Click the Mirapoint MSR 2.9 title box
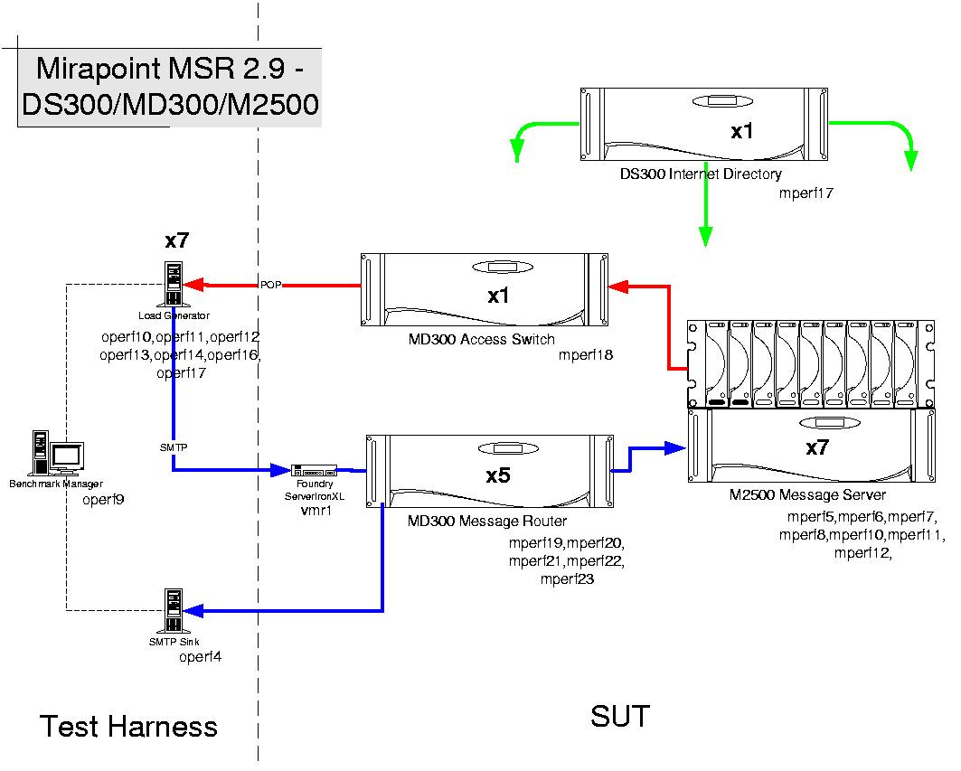[170, 87]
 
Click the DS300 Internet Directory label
[701, 174]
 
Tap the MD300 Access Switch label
[481, 340]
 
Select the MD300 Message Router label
[487, 521]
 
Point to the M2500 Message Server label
[808, 494]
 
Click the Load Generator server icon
[174, 284]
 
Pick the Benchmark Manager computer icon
[55, 453]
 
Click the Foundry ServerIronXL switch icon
[315, 470]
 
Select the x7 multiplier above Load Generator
[176, 240]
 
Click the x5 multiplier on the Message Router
[498, 475]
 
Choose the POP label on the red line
[271, 285]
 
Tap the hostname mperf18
[586, 355]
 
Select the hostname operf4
[200, 657]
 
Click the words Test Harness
[128, 726]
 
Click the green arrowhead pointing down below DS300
[704, 238]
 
